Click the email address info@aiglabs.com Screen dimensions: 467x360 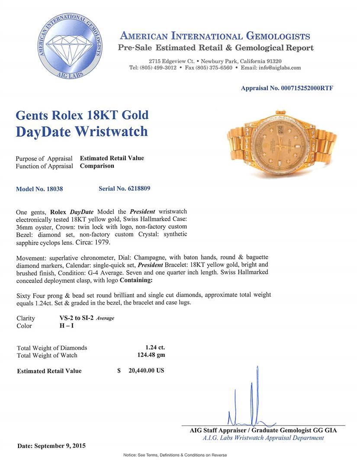tap(278, 68)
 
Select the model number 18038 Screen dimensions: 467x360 tap(55, 189)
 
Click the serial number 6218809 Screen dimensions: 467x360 tap(136, 189)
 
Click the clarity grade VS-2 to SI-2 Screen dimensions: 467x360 tap(76, 318)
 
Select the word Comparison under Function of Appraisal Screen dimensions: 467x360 tap(97, 166)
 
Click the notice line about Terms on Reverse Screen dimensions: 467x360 tap(175, 455)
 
